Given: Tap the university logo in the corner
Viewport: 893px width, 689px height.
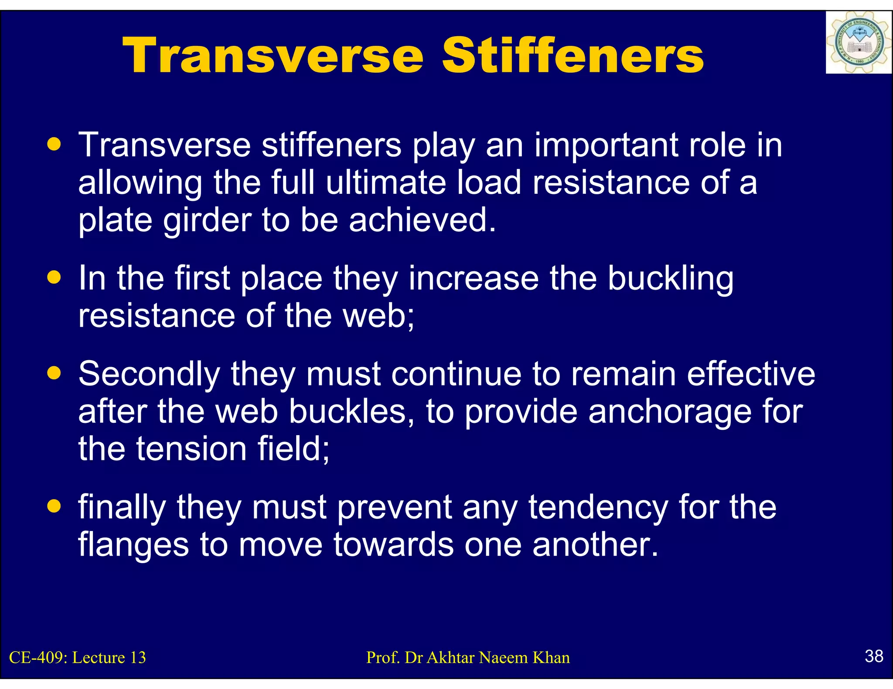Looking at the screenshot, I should coord(858,43).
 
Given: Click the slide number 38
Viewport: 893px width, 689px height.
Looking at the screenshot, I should coord(873,656).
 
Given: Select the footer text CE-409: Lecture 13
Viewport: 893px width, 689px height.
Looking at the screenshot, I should coord(78,658).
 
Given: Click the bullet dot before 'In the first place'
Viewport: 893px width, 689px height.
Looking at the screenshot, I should coord(54,277).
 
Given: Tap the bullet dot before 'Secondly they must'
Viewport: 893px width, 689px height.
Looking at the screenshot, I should coord(54,373).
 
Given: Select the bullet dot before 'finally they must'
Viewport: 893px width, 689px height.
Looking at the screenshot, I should coord(54,507).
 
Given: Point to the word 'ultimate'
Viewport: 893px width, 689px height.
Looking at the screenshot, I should coord(386,183).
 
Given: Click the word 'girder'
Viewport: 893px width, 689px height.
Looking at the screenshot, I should coord(208,221).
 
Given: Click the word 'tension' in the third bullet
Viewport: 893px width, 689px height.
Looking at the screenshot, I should coord(191,449).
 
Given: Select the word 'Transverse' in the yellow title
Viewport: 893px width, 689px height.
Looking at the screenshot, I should coord(273,56).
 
